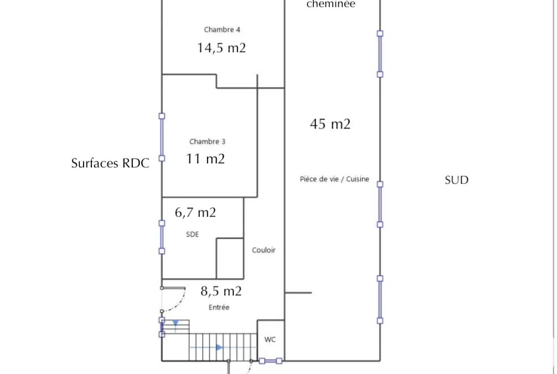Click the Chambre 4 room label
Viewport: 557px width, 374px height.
(222, 29)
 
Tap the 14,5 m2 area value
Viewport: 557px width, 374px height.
(221, 48)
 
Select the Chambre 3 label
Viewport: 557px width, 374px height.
(207, 141)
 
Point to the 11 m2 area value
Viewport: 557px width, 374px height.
(205, 158)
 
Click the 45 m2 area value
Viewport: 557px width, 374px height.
(330, 124)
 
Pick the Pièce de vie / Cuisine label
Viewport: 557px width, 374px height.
(334, 179)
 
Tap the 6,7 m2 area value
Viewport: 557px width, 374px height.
(195, 212)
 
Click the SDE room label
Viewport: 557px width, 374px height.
(192, 234)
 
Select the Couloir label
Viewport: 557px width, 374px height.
(264, 250)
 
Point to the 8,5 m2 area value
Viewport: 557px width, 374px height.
(221, 291)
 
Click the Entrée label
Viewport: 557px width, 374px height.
(219, 307)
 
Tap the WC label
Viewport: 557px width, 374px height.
(270, 340)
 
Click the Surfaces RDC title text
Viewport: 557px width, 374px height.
(110, 163)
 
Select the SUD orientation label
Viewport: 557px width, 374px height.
(456, 180)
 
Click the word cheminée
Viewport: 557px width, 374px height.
(331, 4)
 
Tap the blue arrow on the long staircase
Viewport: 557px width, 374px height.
(219, 347)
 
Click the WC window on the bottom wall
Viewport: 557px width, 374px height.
(270, 361)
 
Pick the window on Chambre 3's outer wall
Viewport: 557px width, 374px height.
(162, 137)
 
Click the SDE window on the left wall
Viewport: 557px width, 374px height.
(162, 237)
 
